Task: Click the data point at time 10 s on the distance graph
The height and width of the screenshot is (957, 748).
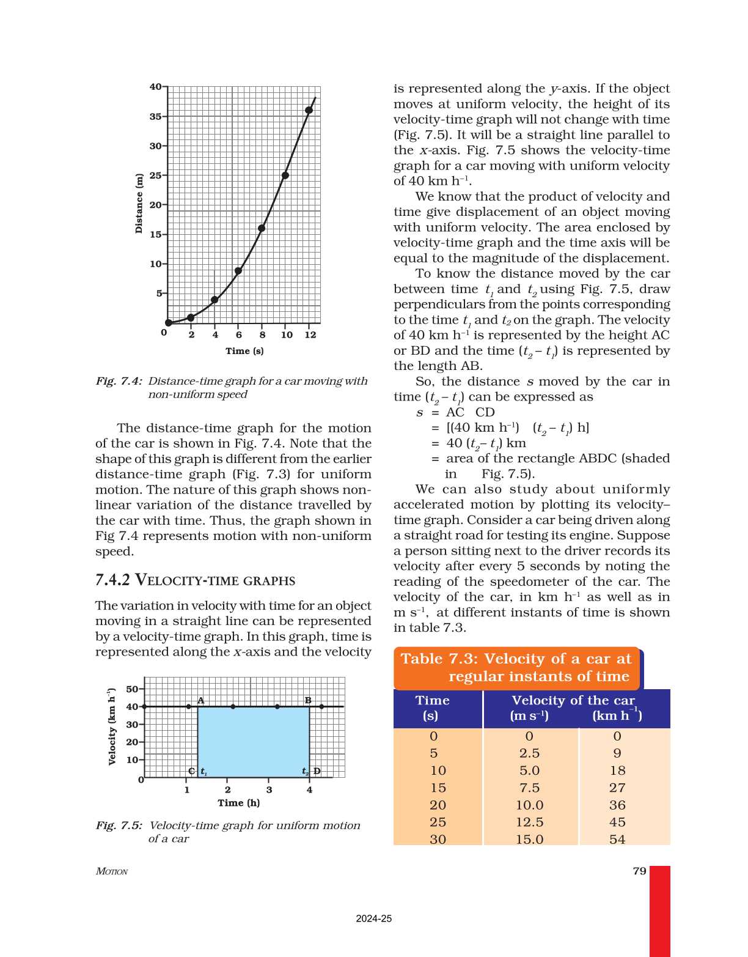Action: coord(285,176)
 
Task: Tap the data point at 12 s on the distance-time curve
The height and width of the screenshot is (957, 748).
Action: coord(309,111)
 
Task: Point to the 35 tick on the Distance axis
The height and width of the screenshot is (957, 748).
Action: coord(156,116)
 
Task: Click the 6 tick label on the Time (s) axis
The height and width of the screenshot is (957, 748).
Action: coord(239,335)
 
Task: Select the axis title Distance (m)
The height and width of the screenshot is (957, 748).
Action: coord(139,204)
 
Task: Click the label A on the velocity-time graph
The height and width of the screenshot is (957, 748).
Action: coord(200,701)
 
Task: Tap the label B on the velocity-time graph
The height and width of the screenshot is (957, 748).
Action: coord(308,701)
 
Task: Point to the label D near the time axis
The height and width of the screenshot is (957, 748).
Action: coord(317,771)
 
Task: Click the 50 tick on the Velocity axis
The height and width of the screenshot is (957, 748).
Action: coord(132,689)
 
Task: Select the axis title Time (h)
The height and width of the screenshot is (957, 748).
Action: coord(239,803)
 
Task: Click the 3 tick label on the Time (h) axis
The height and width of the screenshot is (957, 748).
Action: coord(269,790)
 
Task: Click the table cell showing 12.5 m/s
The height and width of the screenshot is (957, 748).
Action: coord(529,822)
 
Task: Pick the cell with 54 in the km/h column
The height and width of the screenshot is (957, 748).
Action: coord(617,840)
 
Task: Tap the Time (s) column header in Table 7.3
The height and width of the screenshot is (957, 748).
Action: coord(432,708)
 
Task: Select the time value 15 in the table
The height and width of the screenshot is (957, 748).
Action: coord(438,788)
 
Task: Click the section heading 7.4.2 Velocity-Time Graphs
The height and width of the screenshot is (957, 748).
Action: coord(196,580)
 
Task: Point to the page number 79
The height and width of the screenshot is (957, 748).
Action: coord(639,871)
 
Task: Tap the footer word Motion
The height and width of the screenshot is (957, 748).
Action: coord(112,871)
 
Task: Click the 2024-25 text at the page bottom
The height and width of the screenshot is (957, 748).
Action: coord(374,918)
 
